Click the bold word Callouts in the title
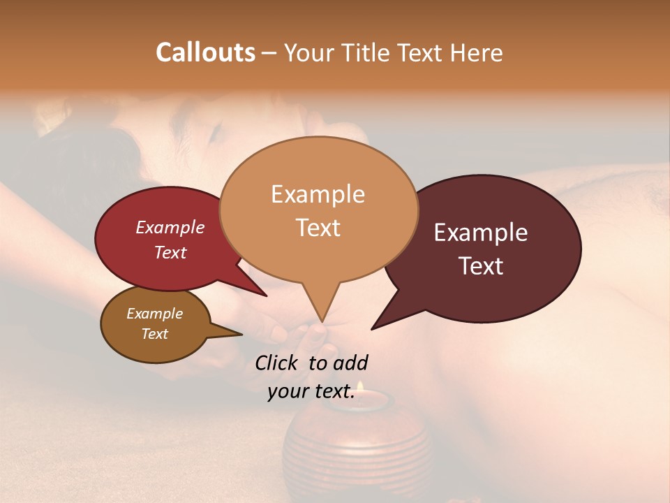pyautogui.click(x=205, y=53)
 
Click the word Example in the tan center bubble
pyautogui.click(x=318, y=194)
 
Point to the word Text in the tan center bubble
pyautogui.click(x=318, y=228)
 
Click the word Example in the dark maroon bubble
pyautogui.click(x=481, y=233)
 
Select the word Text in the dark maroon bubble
pyautogui.click(x=481, y=266)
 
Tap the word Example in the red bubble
pyautogui.click(x=170, y=227)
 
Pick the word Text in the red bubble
pyautogui.click(x=170, y=252)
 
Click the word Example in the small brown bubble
pyautogui.click(x=154, y=314)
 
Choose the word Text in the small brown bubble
pyautogui.click(x=154, y=334)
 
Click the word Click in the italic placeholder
pyautogui.click(x=278, y=363)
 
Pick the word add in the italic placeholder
pyautogui.click(x=350, y=363)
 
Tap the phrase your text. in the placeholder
pyautogui.click(x=311, y=392)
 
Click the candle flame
pyautogui.click(x=360, y=386)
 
